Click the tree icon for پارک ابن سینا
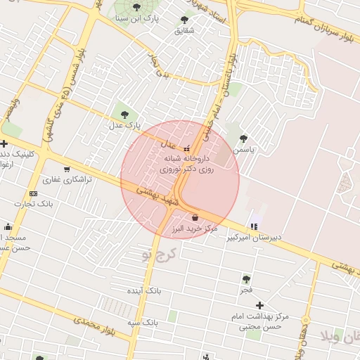137,7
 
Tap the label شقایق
184,31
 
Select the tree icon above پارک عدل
124,113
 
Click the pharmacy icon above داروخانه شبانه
186,149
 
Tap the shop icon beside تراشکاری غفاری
67,169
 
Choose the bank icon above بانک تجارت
33,194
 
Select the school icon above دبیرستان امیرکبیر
253,226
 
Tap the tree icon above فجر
246,279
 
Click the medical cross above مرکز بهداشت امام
259,305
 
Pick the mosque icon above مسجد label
8,226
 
